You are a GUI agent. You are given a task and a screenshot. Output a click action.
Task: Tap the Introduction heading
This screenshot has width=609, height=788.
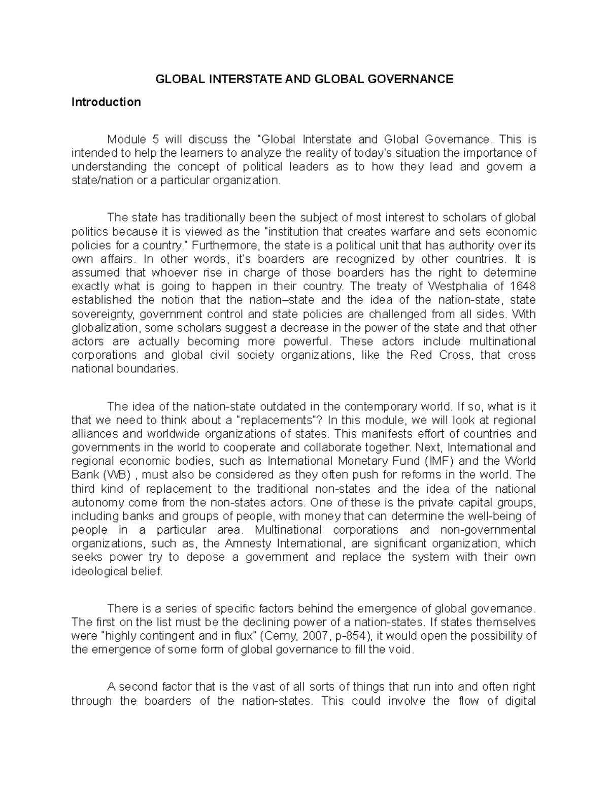click(106, 102)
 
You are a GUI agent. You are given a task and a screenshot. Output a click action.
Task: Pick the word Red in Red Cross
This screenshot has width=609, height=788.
click(419, 355)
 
